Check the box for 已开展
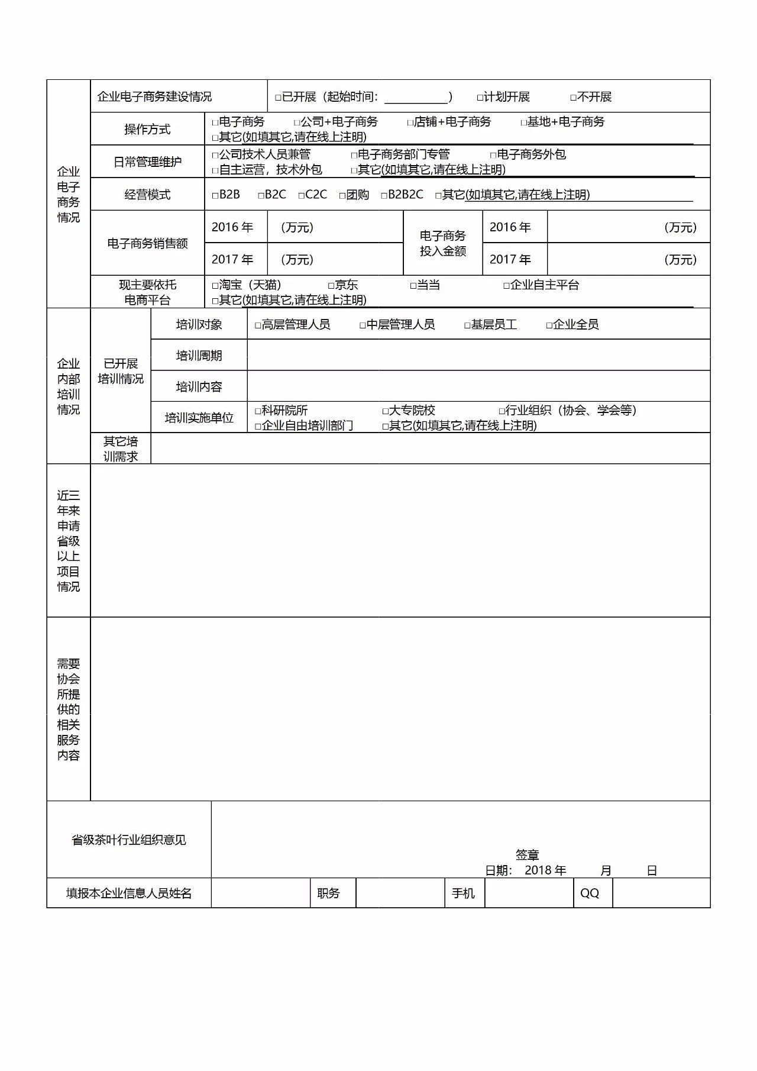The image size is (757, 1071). (x=278, y=98)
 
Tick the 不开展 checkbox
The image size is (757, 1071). (x=573, y=98)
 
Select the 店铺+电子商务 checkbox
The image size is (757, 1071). (x=410, y=122)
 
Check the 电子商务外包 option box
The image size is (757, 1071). (x=493, y=155)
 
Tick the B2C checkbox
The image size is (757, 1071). (x=261, y=195)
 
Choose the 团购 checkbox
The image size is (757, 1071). (x=342, y=195)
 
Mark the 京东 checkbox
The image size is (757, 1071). (x=331, y=286)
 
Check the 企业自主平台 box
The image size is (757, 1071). (x=506, y=286)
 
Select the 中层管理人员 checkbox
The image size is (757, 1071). (x=363, y=325)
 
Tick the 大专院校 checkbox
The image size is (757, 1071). (x=385, y=411)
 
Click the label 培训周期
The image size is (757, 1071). (x=199, y=356)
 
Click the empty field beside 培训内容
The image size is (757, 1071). (x=478, y=386)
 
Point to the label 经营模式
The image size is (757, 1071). (x=147, y=195)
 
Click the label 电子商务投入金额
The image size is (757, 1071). (x=443, y=243)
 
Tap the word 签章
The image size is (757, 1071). (x=527, y=854)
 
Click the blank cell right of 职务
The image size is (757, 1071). (x=400, y=893)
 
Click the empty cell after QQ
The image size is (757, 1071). (x=661, y=893)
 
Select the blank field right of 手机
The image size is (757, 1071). (x=528, y=893)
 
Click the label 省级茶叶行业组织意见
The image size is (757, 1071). (x=129, y=840)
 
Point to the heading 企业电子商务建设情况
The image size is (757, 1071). (x=154, y=96)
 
